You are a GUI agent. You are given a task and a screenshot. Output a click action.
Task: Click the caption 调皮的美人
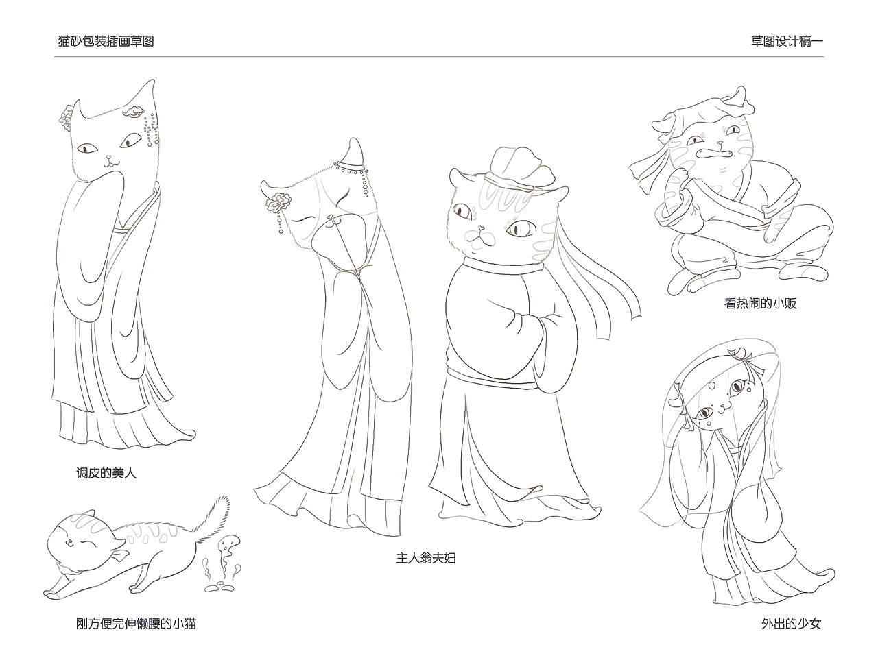(x=106, y=473)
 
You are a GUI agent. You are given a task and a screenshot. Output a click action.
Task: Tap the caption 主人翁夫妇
(x=425, y=558)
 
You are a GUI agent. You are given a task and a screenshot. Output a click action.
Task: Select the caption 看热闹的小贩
(x=760, y=303)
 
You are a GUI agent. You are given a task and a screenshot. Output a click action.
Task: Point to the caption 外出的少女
(x=790, y=624)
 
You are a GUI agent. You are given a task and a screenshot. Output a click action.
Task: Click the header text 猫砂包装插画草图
(x=106, y=41)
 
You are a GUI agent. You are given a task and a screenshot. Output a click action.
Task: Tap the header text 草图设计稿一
(x=787, y=41)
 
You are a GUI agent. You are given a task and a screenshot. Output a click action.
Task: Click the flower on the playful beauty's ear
(x=68, y=116)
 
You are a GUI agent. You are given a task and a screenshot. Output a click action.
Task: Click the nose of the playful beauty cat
(x=108, y=157)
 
